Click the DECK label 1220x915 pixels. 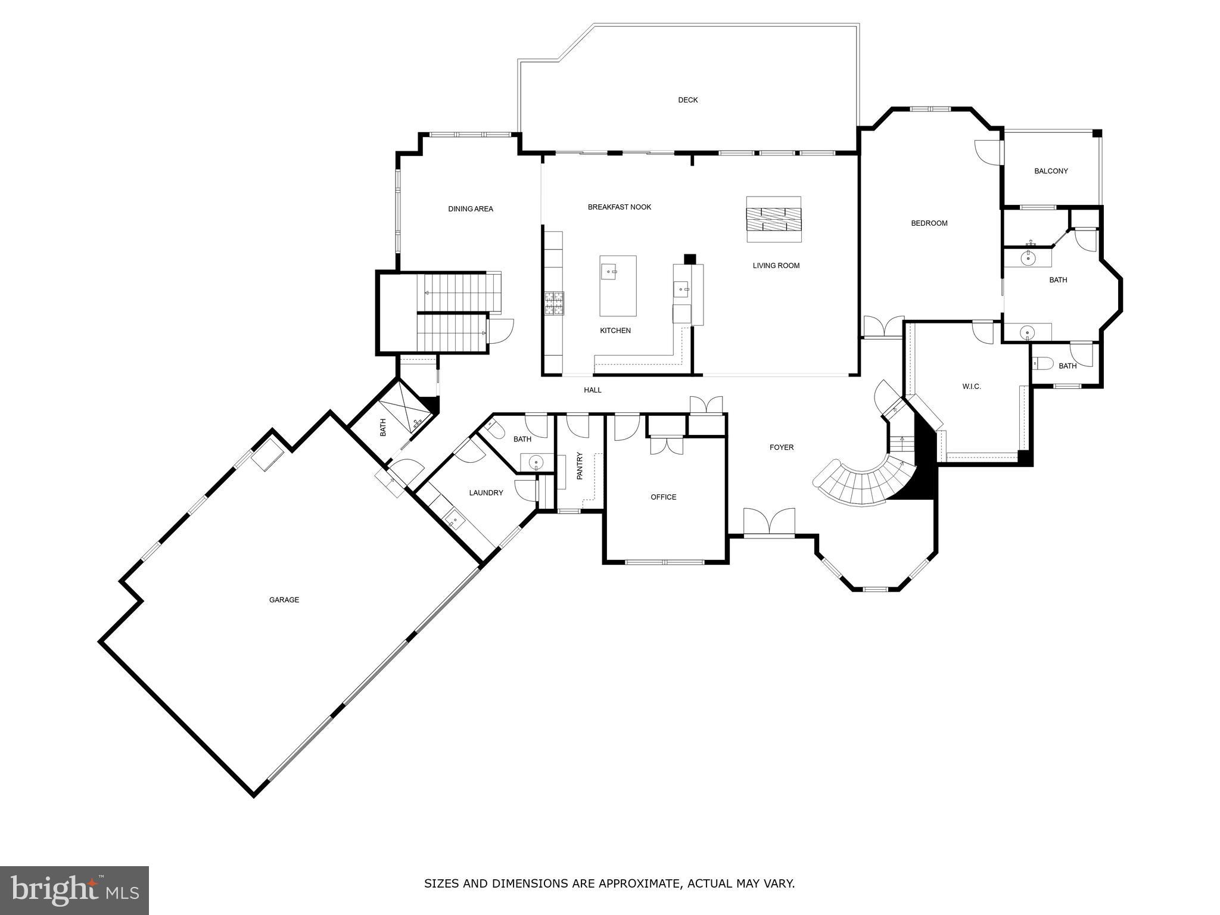tap(687, 100)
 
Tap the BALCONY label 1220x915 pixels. tap(1051, 171)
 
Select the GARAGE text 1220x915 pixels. tap(284, 600)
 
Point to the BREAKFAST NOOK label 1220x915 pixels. tap(619, 207)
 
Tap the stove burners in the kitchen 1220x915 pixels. tap(554, 303)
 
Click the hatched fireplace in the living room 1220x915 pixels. tap(774, 219)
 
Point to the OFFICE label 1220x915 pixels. tap(663, 497)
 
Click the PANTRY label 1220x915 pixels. tap(580, 465)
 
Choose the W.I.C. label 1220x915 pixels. tap(971, 387)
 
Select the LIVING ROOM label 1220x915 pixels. tap(776, 266)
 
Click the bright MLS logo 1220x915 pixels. tap(74, 891)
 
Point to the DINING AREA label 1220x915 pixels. tap(470, 209)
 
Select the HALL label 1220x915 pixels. tap(592, 390)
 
